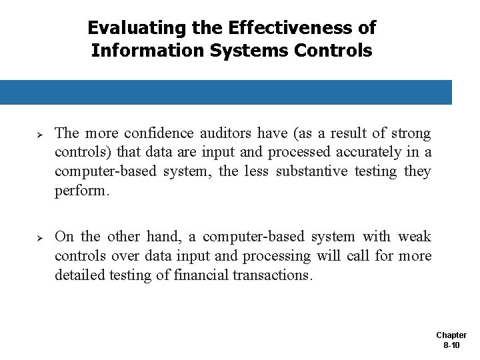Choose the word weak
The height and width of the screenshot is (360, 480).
point(414,237)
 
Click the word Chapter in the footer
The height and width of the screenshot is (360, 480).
point(451,335)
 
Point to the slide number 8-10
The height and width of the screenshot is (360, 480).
point(451,345)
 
